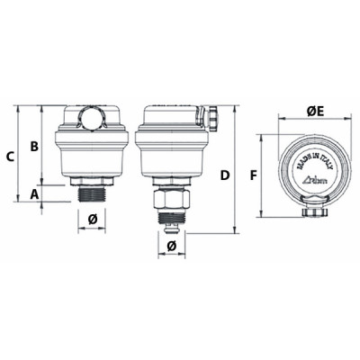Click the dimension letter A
[33, 193]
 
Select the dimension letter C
[10, 156]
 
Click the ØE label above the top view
[315, 111]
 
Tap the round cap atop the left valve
[91, 116]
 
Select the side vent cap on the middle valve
[213, 116]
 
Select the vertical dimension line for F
[262, 175]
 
